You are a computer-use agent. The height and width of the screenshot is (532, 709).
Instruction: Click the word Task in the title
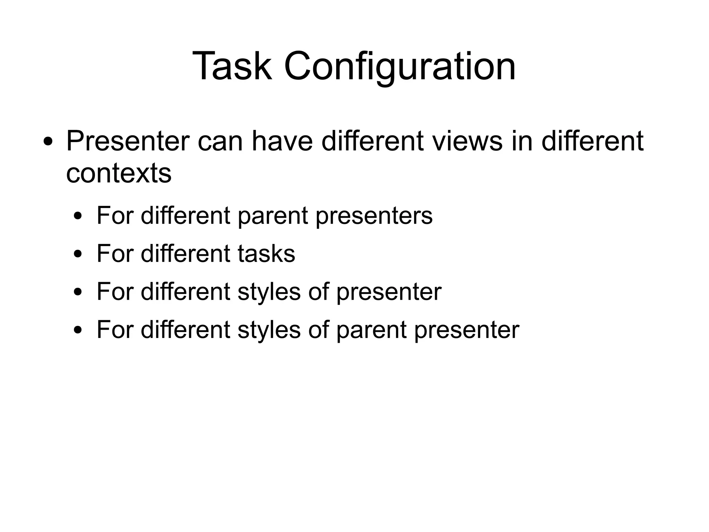coord(231,66)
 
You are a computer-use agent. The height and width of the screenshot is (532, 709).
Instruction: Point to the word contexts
coord(118,173)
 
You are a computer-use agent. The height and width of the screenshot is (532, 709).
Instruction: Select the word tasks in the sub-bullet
coord(266,253)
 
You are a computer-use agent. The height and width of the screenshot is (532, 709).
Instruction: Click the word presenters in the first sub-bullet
coord(374,216)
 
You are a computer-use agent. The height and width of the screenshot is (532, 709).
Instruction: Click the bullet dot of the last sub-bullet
coord(79,330)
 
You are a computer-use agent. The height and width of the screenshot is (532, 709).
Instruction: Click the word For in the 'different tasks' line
coord(115,253)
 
